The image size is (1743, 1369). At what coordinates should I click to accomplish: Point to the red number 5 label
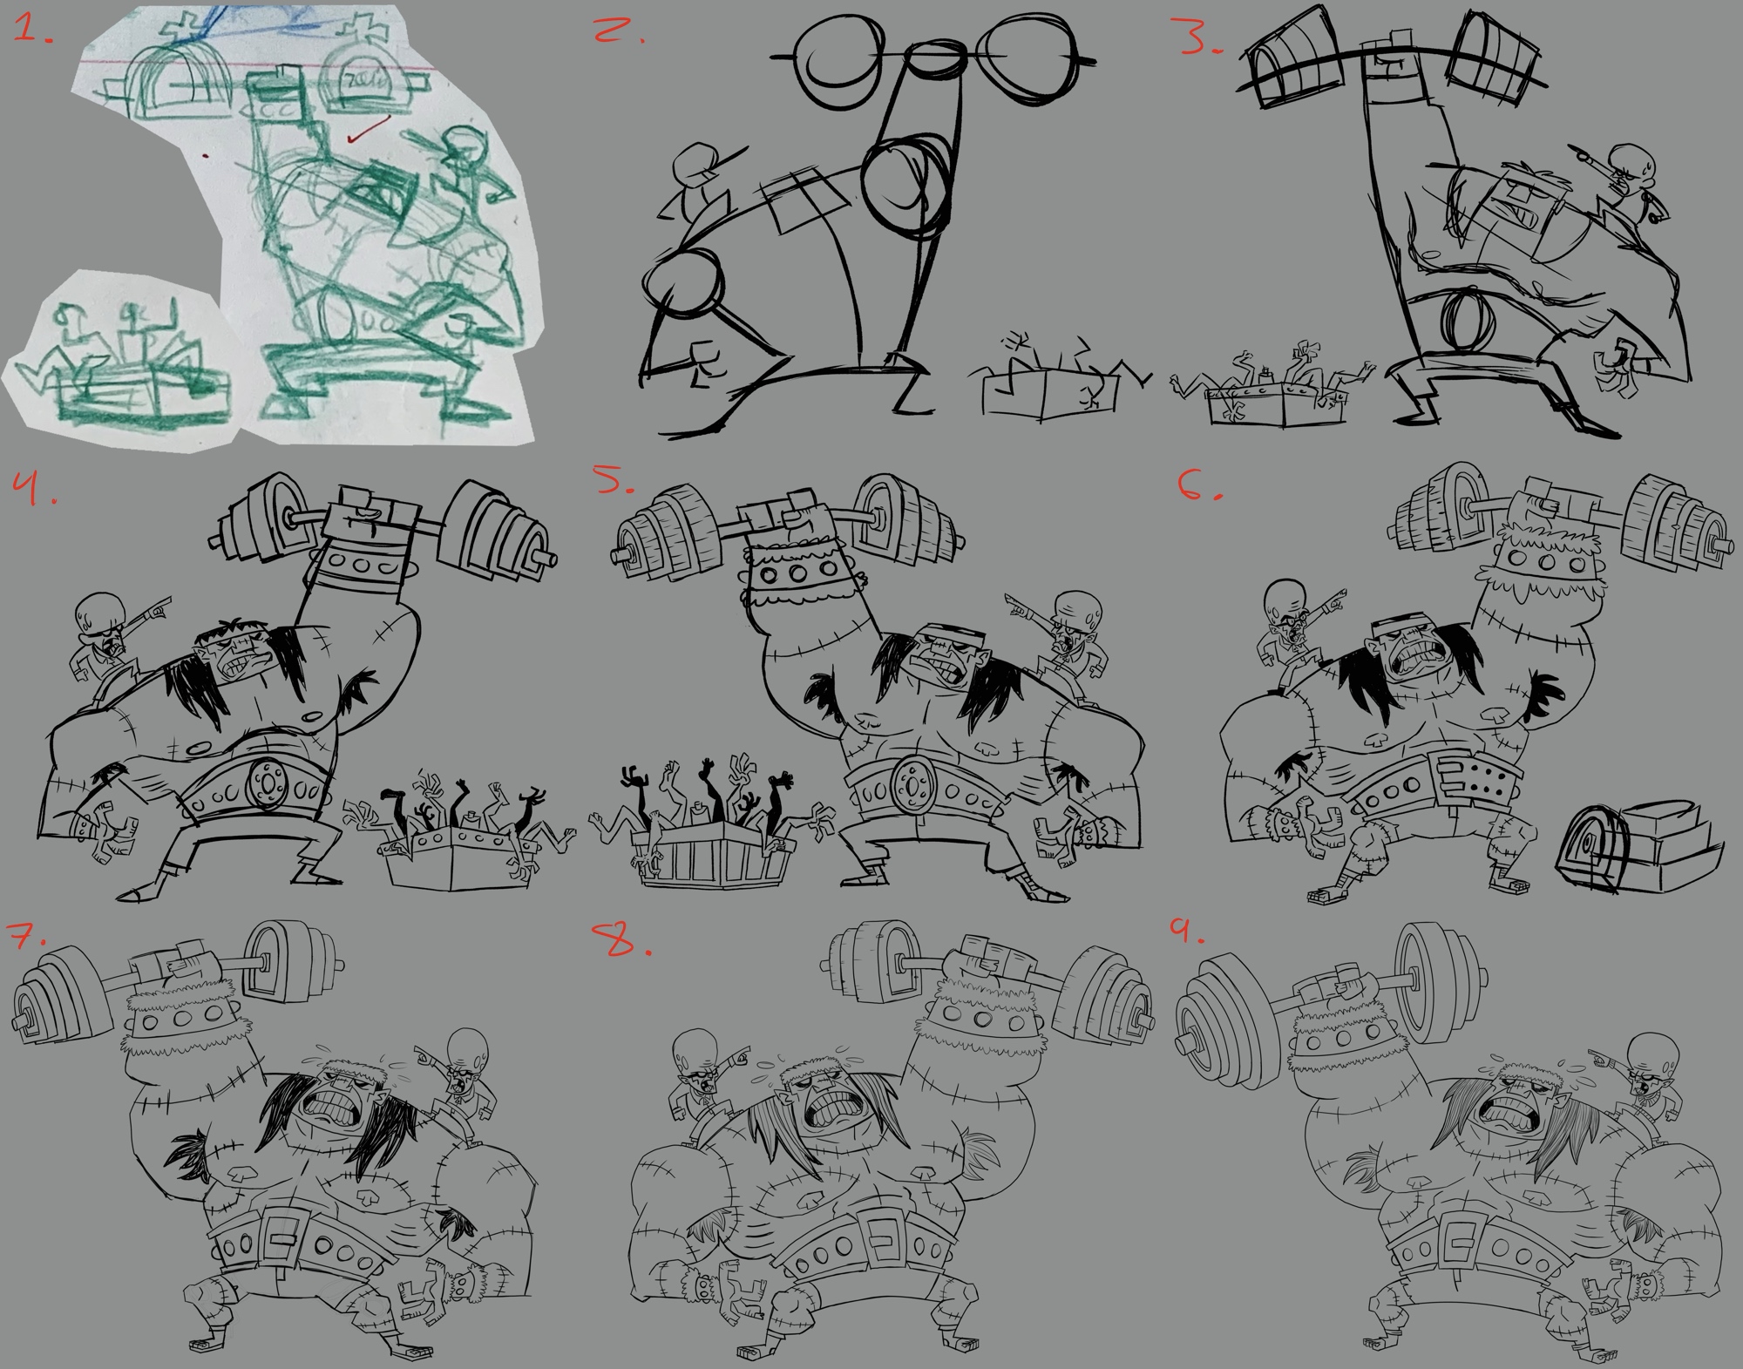pos(618,486)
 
